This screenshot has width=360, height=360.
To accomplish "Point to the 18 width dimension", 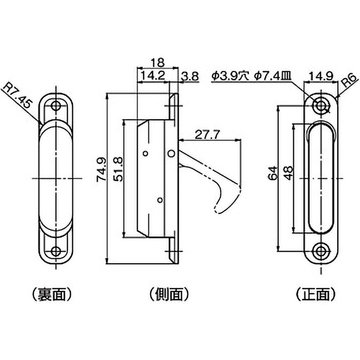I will (157, 62).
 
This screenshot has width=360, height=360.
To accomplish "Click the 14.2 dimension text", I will (152, 76).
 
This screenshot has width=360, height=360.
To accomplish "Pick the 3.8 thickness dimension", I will (190, 76).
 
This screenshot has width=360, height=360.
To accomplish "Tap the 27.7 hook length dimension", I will (207, 134).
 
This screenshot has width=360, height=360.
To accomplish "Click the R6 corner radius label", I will (348, 83).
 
